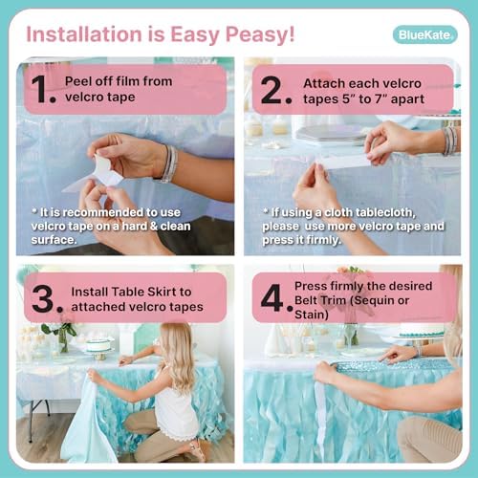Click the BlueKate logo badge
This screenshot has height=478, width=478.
coord(425,34)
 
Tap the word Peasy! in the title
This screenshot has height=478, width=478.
coord(260,34)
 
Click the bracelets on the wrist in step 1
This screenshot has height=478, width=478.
coord(170,163)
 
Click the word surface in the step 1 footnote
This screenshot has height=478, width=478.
coord(54,240)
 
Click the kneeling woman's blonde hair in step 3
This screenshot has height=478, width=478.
coord(179,354)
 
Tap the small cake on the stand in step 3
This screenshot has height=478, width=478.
coord(98,345)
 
